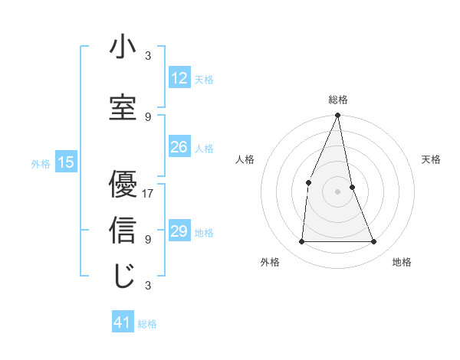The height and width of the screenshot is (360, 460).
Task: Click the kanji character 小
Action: coord(122,47)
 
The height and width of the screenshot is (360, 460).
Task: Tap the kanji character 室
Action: coord(122,107)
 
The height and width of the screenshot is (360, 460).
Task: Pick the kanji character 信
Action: coord(122,230)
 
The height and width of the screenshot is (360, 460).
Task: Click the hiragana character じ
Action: coord(122,277)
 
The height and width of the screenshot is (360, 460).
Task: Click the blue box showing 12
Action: coord(179,77)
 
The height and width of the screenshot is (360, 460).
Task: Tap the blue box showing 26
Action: coord(179,147)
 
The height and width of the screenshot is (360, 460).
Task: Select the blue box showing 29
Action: coord(179,231)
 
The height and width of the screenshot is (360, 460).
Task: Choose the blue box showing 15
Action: coord(66,162)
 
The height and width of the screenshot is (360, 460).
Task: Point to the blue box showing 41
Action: coord(123,322)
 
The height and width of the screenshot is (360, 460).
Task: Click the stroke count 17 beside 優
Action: coord(148,193)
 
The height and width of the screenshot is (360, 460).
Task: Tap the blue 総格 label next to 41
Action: coord(147,324)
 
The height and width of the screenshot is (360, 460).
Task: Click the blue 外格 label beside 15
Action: coord(41,163)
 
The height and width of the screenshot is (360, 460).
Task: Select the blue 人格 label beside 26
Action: coord(204,149)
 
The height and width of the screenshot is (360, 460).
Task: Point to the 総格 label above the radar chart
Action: coord(338,100)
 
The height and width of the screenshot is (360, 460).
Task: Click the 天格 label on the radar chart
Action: coord(432,159)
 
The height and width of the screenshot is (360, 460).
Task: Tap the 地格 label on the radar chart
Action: coord(402,263)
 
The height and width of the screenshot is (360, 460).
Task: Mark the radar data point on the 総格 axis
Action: coord(337,116)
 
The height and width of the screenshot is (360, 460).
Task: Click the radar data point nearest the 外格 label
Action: coord(301,241)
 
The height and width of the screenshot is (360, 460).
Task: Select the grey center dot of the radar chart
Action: coord(337,191)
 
